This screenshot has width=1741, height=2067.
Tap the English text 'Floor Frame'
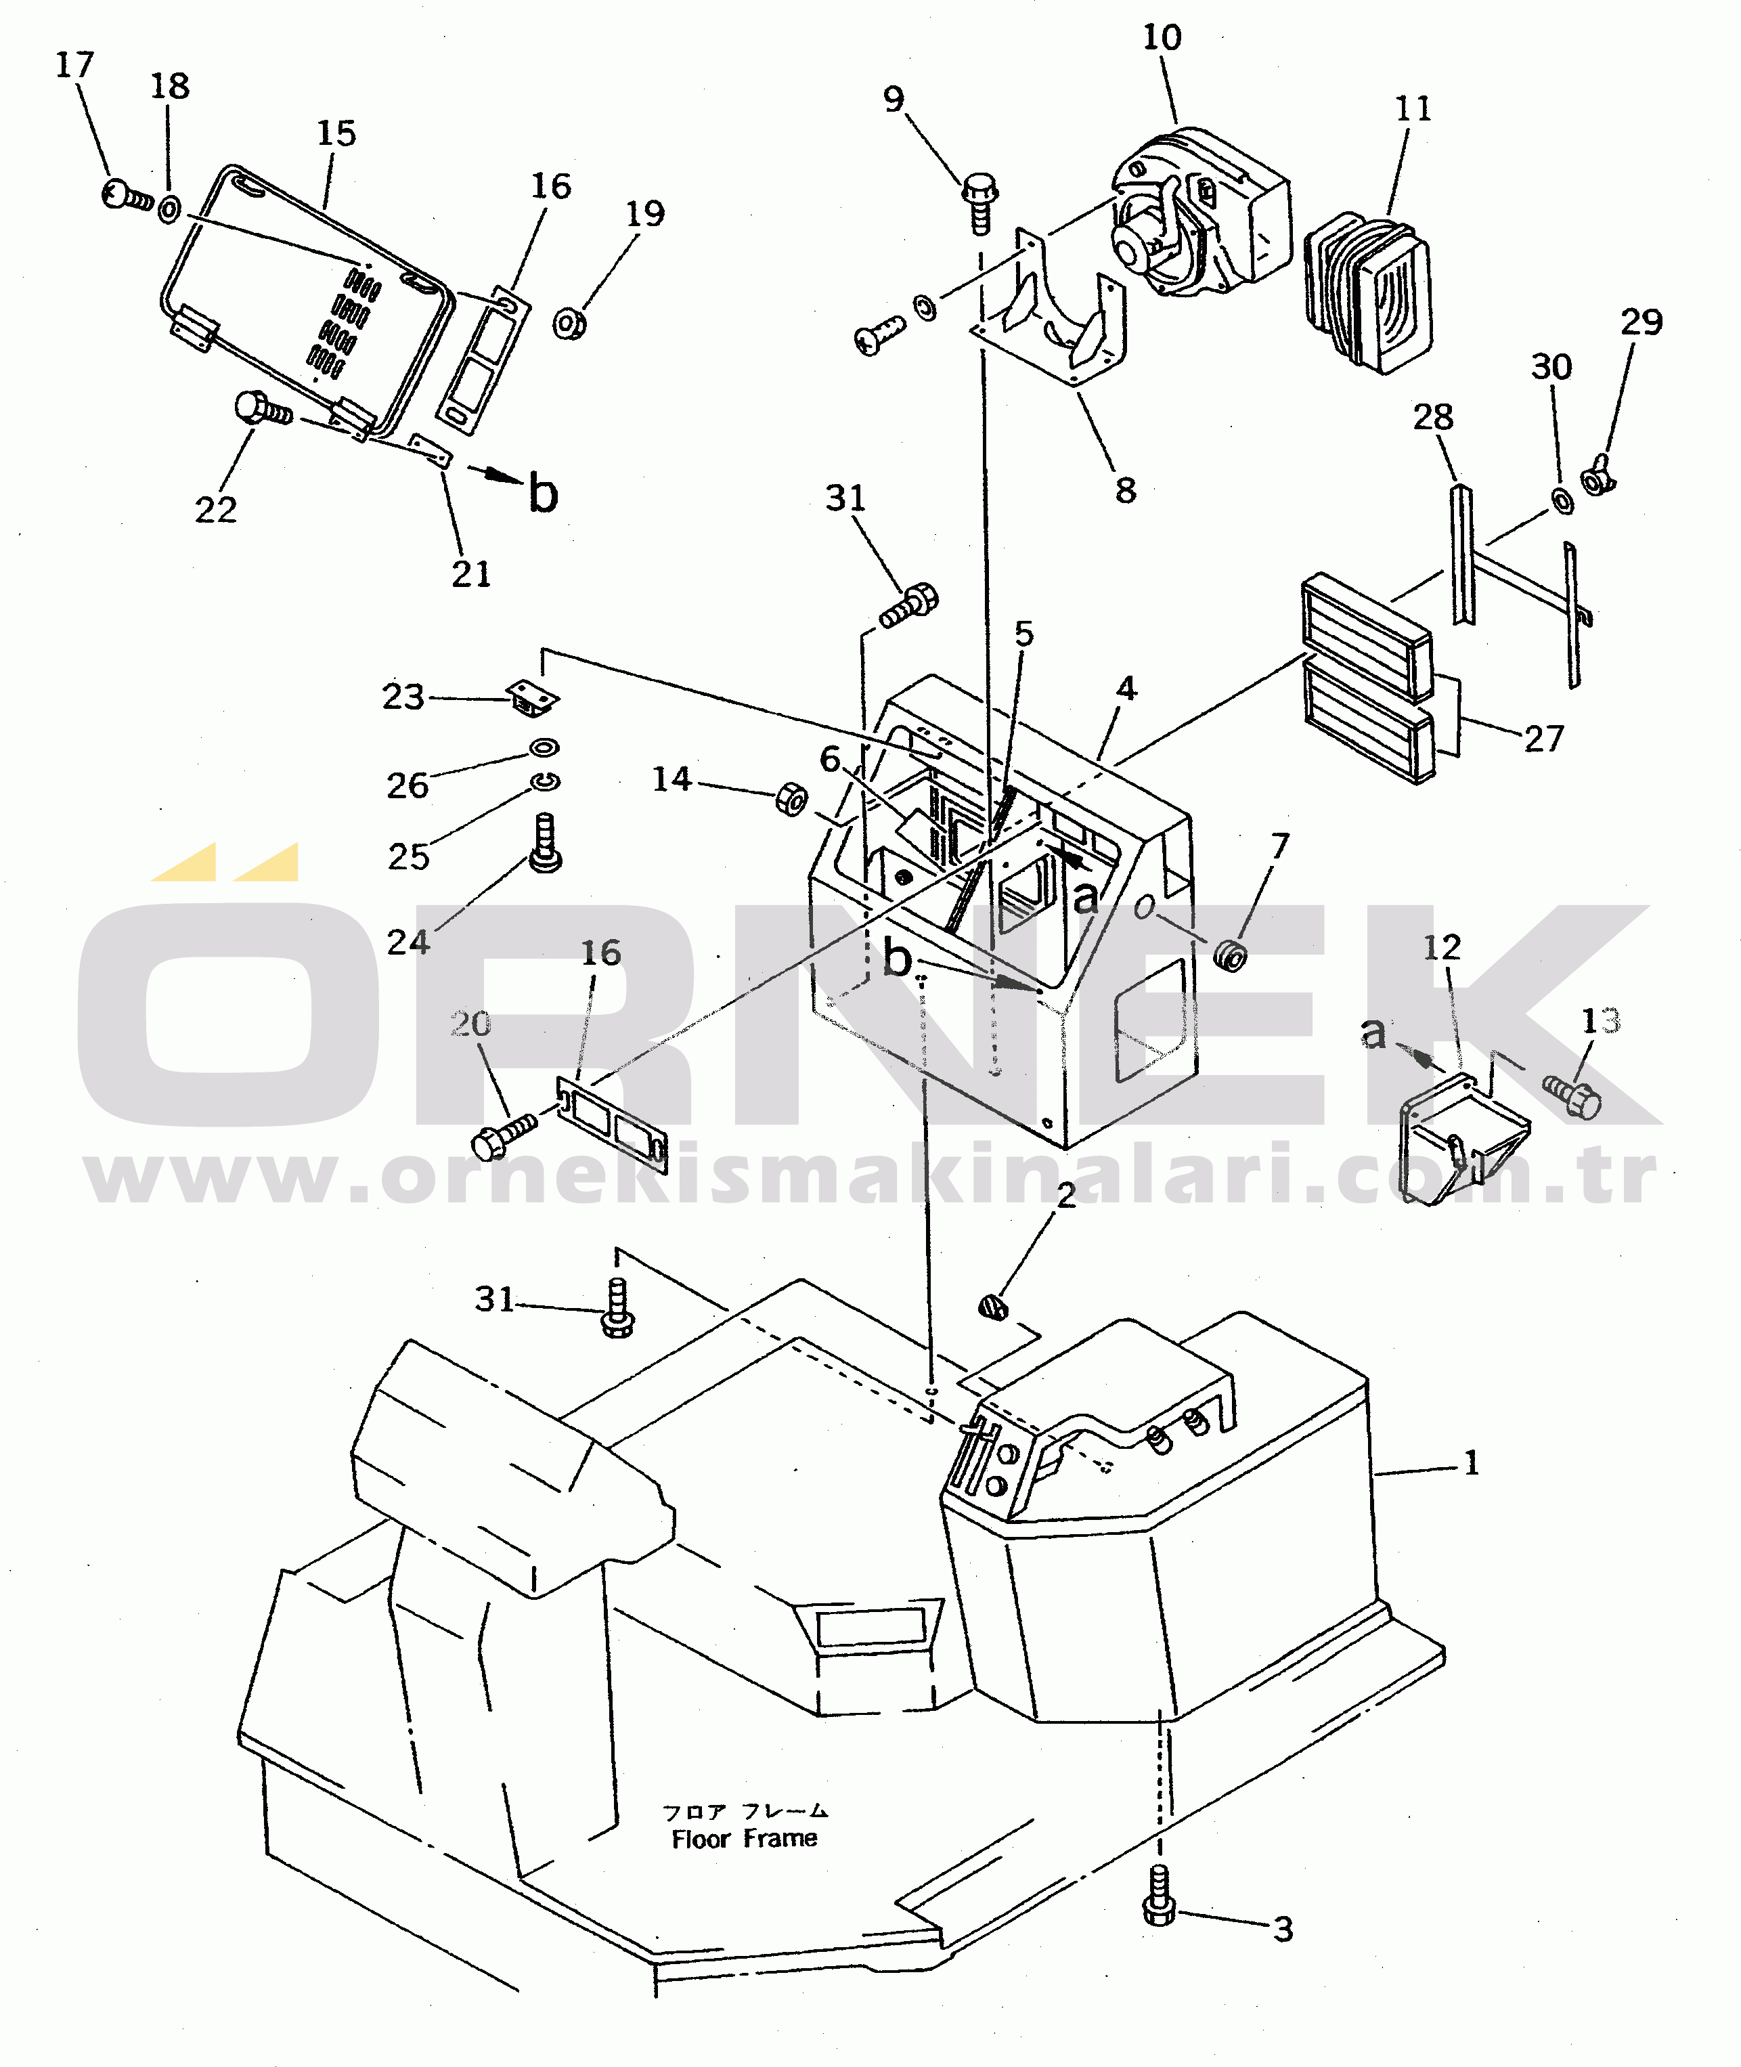pos(744,1839)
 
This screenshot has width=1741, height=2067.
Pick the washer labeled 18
pos(169,209)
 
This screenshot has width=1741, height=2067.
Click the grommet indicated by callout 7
pos(1230,955)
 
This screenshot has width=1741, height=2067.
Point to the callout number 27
pos(1543,739)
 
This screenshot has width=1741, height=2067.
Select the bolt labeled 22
pos(261,409)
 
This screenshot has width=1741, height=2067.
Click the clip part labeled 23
pos(533,698)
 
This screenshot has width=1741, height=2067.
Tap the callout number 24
pos(407,942)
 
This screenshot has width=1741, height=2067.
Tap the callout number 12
pos(1441,948)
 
